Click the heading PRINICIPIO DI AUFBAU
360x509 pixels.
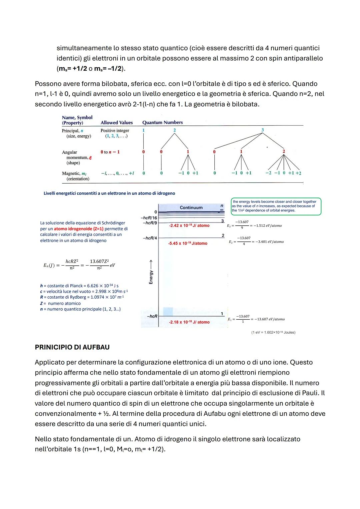(x=72, y=347)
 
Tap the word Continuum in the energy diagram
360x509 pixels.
(x=191, y=207)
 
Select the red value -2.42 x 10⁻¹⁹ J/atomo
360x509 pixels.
(x=189, y=226)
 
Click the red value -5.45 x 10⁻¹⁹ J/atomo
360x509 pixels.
(x=188, y=243)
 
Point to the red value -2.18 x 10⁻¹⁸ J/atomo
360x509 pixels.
(x=189, y=322)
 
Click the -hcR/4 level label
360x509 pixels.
(x=150, y=238)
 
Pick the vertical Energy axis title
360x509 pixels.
(x=151, y=273)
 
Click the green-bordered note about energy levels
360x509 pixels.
(x=276, y=206)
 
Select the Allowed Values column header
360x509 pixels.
(x=117, y=123)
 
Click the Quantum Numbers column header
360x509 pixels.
(x=162, y=122)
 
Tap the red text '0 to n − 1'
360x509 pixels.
(x=110, y=152)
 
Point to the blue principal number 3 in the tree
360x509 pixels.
(x=262, y=130)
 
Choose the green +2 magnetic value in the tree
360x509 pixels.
(x=298, y=173)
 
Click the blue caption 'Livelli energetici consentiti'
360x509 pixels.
(x=109, y=193)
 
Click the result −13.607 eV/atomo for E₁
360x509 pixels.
(x=270, y=319)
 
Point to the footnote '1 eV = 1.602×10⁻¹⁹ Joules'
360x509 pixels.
(x=273, y=332)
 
